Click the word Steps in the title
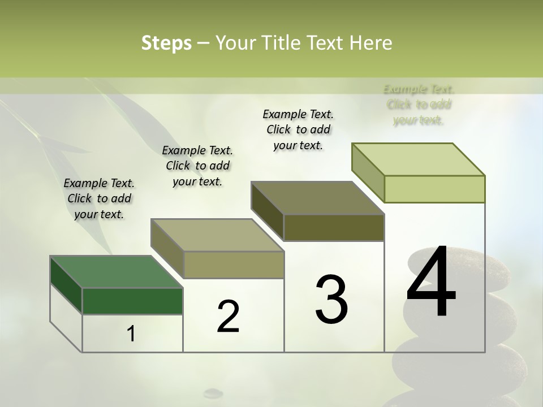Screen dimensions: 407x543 pyautogui.click(x=166, y=43)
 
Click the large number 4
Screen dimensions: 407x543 pyautogui.click(x=431, y=283)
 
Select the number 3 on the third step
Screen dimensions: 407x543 pyautogui.click(x=331, y=300)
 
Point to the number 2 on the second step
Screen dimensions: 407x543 pyautogui.click(x=228, y=317)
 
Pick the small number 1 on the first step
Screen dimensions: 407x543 pyautogui.click(x=131, y=334)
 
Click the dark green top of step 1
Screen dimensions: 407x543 pyautogui.click(x=116, y=272)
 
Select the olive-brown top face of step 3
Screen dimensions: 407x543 pyautogui.click(x=317, y=198)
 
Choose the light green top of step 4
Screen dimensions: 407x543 pyautogui.click(x=418, y=159)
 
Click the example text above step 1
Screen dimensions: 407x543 pyautogui.click(x=99, y=198)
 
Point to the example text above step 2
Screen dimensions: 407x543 pyautogui.click(x=197, y=166)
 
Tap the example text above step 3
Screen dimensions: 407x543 pyautogui.click(x=298, y=129)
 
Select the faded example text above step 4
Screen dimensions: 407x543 pyautogui.click(x=419, y=105)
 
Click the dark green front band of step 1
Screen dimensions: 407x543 pyautogui.click(x=132, y=301)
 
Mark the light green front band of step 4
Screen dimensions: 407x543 pyautogui.click(x=434, y=189)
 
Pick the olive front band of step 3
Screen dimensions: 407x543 pyautogui.click(x=334, y=228)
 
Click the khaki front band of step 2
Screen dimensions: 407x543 pyautogui.click(x=234, y=265)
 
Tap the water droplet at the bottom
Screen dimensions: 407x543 pyautogui.click(x=213, y=392)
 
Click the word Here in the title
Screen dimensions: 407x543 pyautogui.click(x=373, y=43)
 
